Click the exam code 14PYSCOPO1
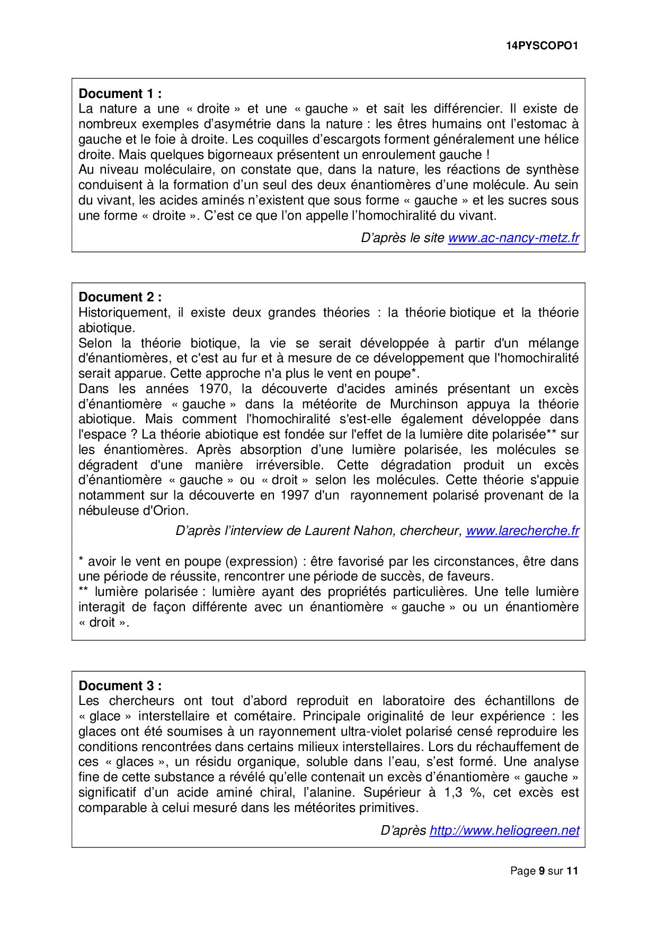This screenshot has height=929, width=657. tap(541, 46)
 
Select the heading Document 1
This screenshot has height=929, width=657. tap(120, 94)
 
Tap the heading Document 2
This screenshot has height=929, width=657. tap(120, 297)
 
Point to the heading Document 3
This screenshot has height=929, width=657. tap(120, 686)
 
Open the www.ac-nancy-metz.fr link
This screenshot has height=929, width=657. tap(513, 238)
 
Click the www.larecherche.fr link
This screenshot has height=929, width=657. tap(522, 531)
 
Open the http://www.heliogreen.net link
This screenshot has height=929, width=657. tap(504, 830)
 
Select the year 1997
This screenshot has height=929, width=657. tap(295, 495)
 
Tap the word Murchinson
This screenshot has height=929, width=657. tap(424, 404)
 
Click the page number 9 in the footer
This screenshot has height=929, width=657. tap(541, 871)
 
